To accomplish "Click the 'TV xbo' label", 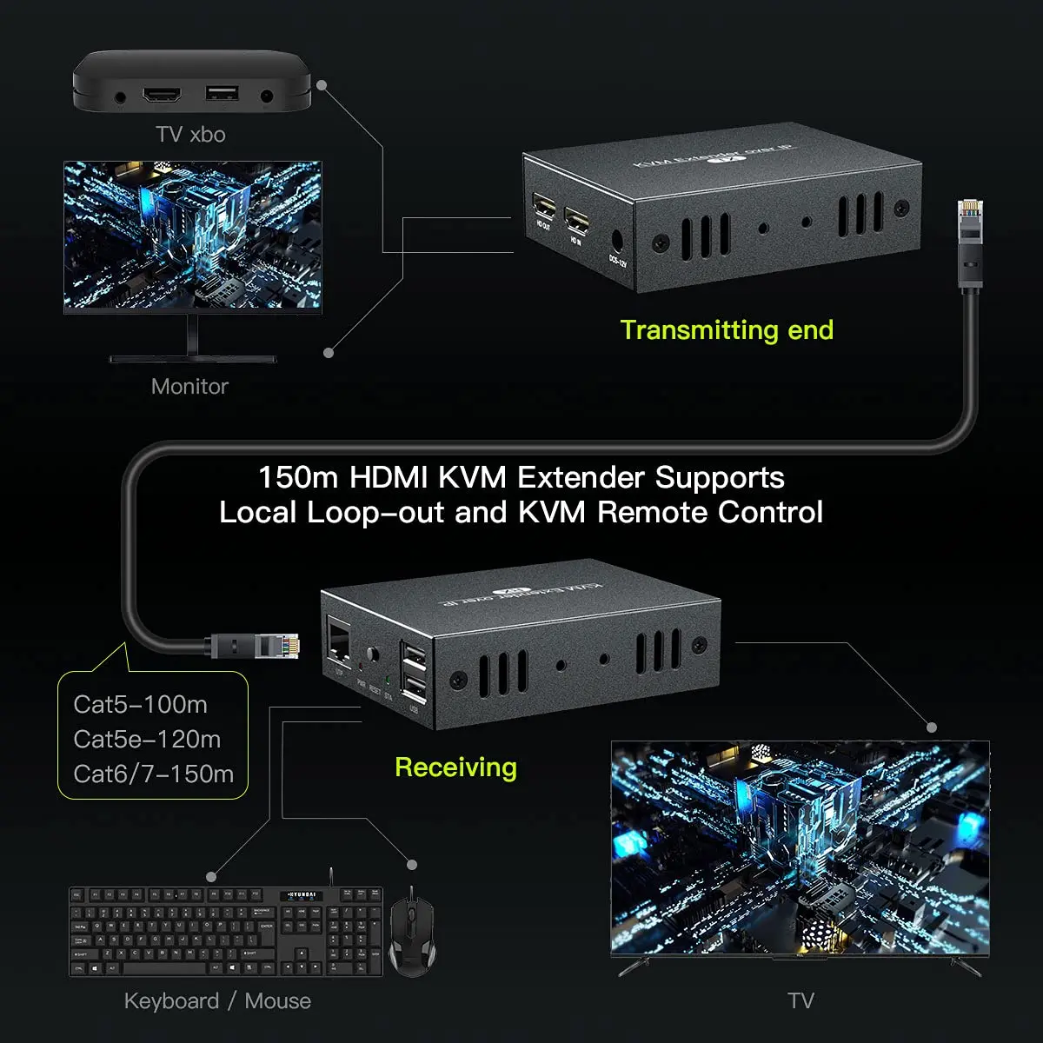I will click(190, 135).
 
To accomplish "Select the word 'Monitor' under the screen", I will click(189, 387).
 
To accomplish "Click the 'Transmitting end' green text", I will click(727, 330).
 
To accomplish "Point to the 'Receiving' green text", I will click(455, 767).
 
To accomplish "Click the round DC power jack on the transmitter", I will click(619, 241).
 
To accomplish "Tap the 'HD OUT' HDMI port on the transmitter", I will click(545, 209).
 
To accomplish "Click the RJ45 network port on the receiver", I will click(337, 641).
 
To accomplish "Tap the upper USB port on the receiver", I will click(414, 654).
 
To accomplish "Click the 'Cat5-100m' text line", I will click(140, 704).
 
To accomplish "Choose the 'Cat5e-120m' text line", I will click(147, 739).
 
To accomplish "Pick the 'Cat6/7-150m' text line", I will click(153, 774).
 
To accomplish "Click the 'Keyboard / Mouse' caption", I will click(217, 1001).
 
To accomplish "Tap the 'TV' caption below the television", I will click(801, 1001).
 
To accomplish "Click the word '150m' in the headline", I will click(298, 478).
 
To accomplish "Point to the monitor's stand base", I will click(192, 358).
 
